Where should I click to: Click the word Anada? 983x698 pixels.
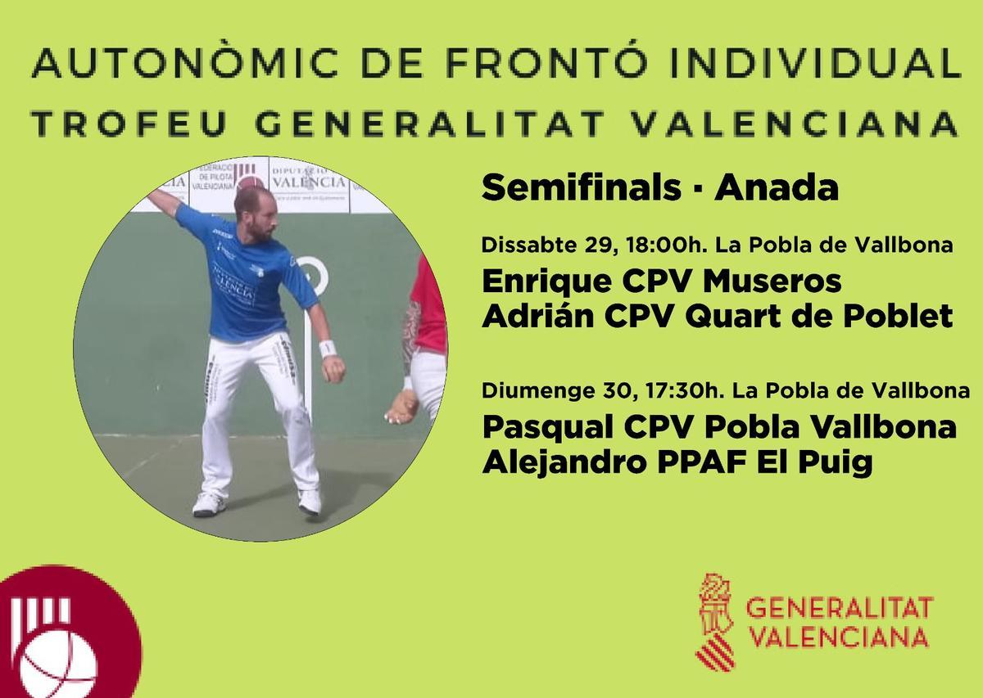(x=777, y=190)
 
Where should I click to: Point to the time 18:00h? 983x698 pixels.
(x=660, y=245)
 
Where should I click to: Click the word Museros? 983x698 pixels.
(x=772, y=282)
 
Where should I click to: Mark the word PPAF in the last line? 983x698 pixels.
(x=712, y=462)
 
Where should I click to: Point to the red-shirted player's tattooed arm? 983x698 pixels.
(x=410, y=335)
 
